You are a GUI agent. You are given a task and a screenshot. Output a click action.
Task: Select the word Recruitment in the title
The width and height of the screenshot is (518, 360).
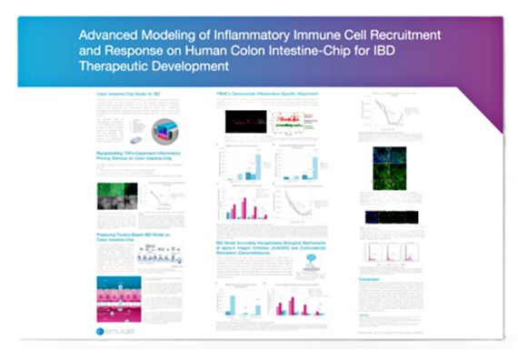click(x=399, y=34)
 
